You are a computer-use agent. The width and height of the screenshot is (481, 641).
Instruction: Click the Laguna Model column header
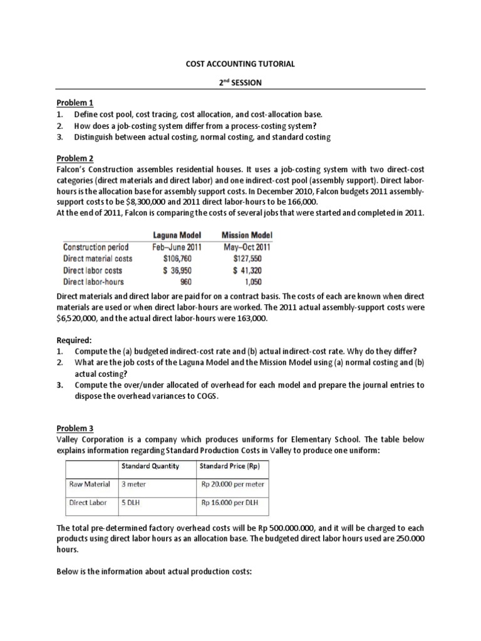177,235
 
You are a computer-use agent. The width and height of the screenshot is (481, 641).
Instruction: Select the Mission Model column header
247,235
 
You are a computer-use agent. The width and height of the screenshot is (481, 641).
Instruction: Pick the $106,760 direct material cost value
177,259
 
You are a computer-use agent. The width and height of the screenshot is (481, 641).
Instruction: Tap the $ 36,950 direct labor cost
177,270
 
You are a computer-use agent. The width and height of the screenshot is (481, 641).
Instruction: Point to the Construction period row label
96,247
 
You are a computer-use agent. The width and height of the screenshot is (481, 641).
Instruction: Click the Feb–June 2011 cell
177,247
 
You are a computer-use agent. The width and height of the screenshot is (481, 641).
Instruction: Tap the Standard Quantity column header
150,466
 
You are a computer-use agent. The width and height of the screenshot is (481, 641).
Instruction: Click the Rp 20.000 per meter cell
232,484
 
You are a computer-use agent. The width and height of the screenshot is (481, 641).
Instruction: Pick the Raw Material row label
89,484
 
